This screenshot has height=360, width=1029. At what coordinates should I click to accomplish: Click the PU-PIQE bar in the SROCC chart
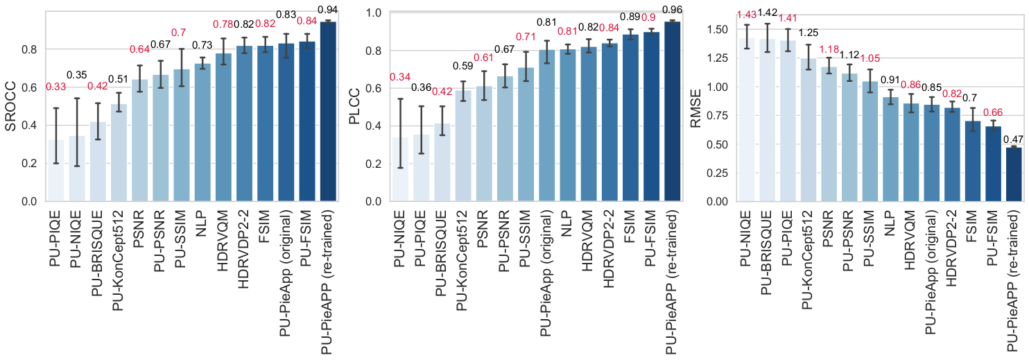tap(56, 171)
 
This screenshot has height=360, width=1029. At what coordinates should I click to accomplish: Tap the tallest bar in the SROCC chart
tap(328, 111)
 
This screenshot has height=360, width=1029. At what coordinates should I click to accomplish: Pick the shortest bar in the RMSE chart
tap(1013, 174)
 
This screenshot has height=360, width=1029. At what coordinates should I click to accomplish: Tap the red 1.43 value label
tap(746, 15)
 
